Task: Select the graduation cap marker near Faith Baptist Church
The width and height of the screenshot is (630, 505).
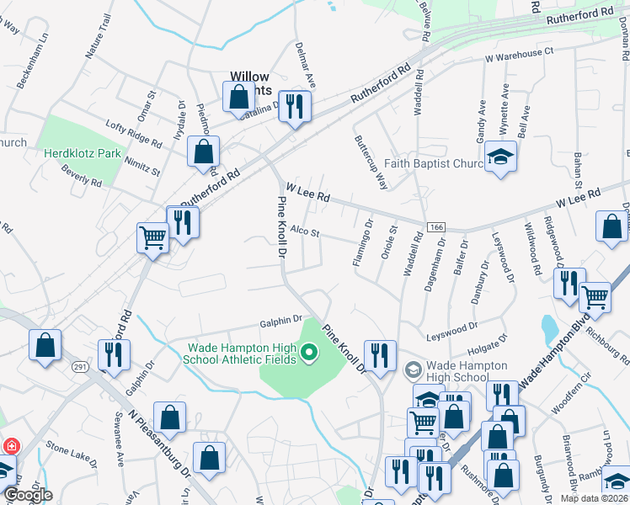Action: [501, 157]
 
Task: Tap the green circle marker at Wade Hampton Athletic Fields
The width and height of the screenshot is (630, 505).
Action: [308, 353]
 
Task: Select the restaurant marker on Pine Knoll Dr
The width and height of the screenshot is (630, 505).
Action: [380, 354]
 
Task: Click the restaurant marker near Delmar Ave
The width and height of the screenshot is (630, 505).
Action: [294, 106]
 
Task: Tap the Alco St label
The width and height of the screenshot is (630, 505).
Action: [304, 231]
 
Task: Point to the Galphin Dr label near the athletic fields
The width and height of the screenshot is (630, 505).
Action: [281, 320]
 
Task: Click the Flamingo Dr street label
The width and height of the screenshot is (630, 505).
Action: [362, 244]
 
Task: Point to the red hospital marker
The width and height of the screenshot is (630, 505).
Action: [12, 446]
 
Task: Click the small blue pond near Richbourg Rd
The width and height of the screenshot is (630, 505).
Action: [550, 324]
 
